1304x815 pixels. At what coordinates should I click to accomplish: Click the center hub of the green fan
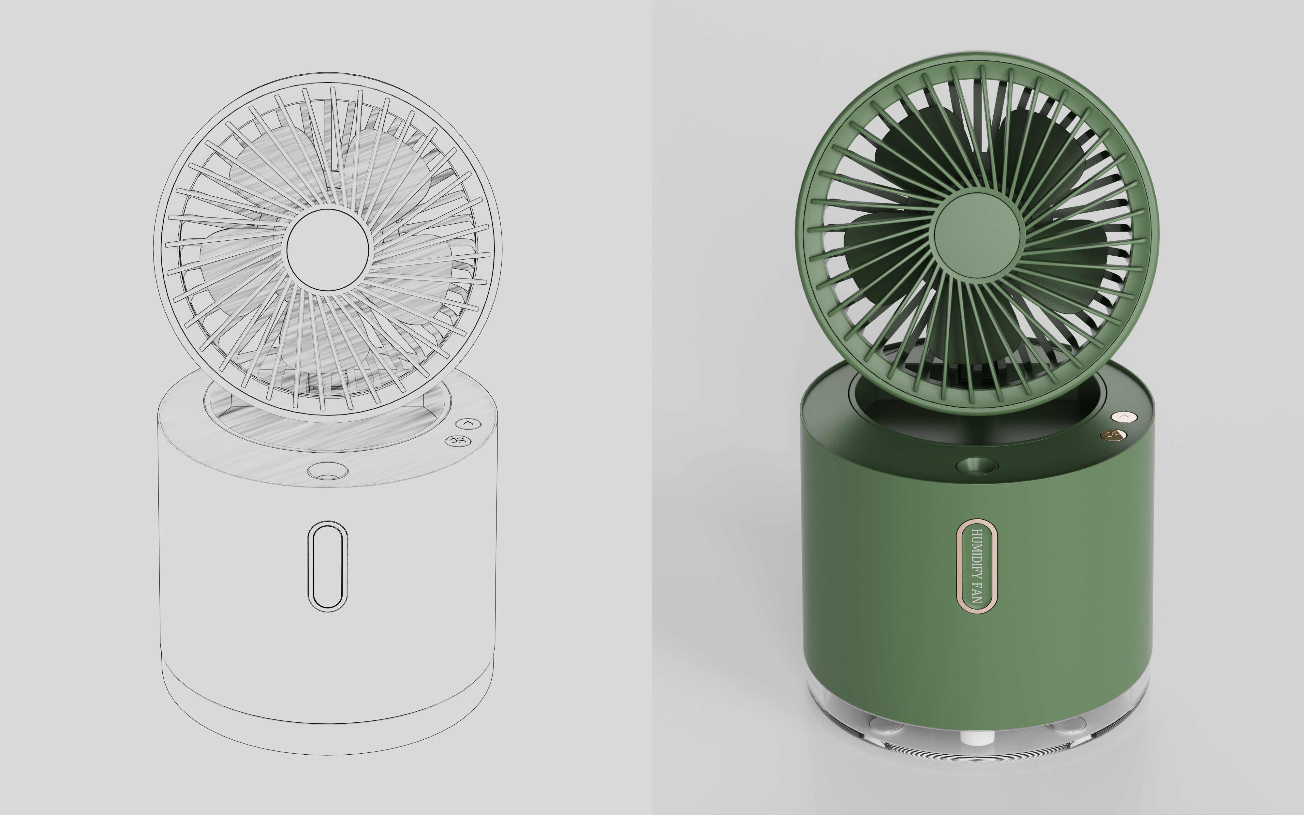point(976,235)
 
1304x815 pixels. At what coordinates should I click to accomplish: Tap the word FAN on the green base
point(976,593)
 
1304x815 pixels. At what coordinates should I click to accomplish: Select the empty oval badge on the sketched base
point(327,566)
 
